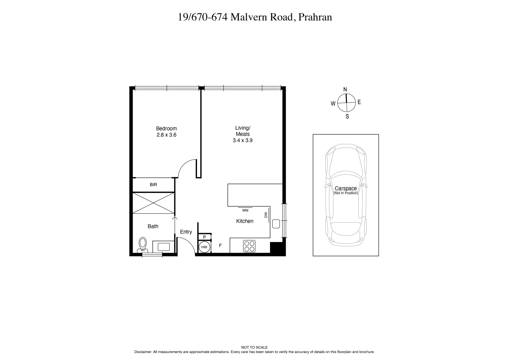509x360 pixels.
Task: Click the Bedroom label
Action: pyautogui.click(x=166, y=129)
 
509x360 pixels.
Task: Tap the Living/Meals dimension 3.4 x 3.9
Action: pyautogui.click(x=242, y=140)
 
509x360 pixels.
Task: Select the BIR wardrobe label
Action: pyautogui.click(x=153, y=185)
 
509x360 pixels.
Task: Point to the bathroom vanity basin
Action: pyautogui.click(x=163, y=247)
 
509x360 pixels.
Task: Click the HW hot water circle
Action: pyautogui.click(x=204, y=247)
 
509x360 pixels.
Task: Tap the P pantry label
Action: pyautogui.click(x=205, y=237)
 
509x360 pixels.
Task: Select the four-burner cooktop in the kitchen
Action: pyautogui.click(x=249, y=246)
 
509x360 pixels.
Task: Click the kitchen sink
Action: pyautogui.click(x=276, y=224)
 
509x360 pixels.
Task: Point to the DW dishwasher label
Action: pyautogui.click(x=266, y=215)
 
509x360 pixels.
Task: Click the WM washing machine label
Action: pyautogui.click(x=245, y=210)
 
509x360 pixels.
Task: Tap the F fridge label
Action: pyautogui.click(x=220, y=246)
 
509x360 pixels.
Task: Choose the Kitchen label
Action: pyautogui.click(x=245, y=221)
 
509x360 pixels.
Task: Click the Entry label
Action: pyautogui.click(x=186, y=232)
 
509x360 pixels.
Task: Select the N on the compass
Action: pyautogui.click(x=345, y=89)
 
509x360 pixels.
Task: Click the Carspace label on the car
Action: pyautogui.click(x=346, y=188)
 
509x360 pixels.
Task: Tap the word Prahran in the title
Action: pyautogui.click(x=315, y=17)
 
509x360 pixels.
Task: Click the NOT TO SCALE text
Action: pyautogui.click(x=254, y=347)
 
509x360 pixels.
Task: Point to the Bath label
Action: pyautogui.click(x=153, y=226)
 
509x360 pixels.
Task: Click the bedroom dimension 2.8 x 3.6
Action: pyautogui.click(x=166, y=135)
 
